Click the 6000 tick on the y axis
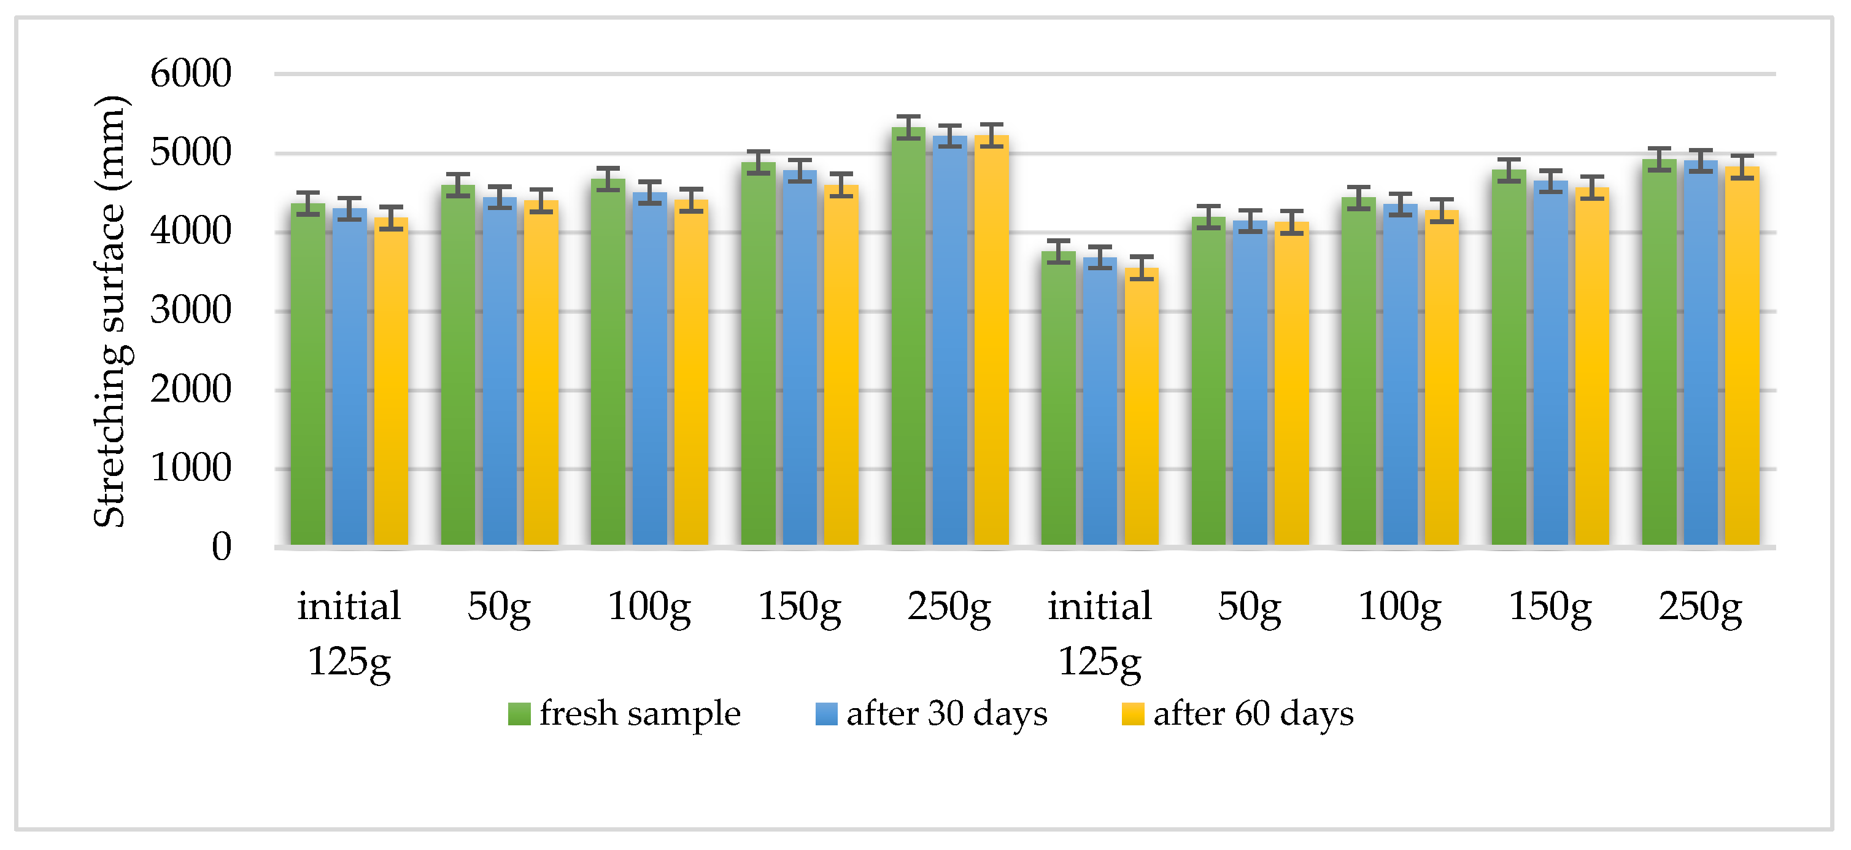190,74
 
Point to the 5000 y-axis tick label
190,152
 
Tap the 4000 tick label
190,232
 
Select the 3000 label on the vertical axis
190,311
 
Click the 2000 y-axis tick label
190,390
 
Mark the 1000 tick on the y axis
190,468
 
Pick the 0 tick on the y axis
222,547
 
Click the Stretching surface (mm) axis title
110,311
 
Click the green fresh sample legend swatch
519,714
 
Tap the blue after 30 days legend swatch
826,714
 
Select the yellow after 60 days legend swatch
1133,714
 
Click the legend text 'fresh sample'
640,714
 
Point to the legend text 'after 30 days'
946,714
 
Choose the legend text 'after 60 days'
1253,714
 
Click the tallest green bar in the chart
908,338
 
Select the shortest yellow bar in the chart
1141,407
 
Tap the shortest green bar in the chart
1059,399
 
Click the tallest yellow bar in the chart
992,341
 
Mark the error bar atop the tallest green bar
908,127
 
